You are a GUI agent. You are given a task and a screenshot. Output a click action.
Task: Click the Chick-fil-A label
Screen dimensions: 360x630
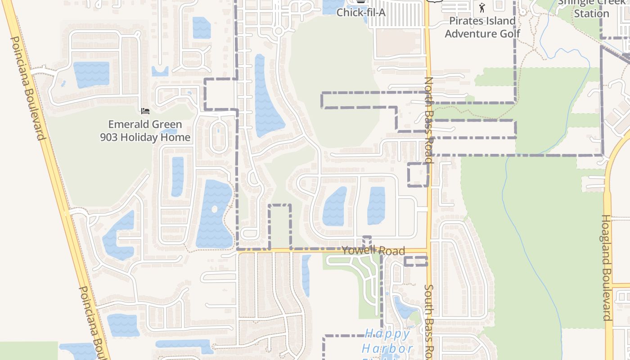coord(361,12)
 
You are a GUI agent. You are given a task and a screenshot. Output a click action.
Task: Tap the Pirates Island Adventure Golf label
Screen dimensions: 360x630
coord(482,27)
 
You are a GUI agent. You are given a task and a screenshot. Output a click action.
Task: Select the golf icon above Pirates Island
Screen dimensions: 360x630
coord(482,8)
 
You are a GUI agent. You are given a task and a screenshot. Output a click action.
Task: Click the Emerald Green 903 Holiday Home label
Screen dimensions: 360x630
coord(145,130)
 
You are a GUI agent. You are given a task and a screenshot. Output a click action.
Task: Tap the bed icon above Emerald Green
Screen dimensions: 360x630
coord(145,111)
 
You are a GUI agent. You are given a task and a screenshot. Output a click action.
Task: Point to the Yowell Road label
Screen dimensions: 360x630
coord(373,251)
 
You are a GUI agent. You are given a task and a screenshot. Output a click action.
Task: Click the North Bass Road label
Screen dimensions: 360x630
coord(429,119)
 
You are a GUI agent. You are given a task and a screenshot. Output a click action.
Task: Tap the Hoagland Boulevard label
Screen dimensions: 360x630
coord(607,267)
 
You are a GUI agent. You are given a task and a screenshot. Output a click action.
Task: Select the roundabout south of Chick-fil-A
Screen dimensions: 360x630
coord(279,31)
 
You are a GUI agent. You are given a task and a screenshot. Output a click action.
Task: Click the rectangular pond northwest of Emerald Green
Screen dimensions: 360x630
coord(91,74)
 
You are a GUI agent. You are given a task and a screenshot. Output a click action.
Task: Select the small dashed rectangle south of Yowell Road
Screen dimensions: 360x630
coord(415,261)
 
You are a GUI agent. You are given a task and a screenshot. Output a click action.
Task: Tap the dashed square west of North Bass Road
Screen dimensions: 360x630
coord(418,175)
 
